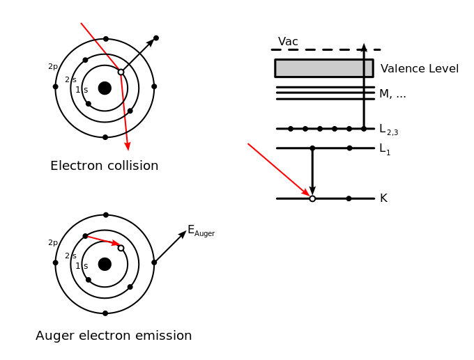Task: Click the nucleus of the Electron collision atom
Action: coord(105,88)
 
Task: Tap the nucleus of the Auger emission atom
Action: coord(105,265)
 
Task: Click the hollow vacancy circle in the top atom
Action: coord(121,72)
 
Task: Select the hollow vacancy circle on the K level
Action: coord(312,198)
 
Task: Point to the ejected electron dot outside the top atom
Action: coord(156,38)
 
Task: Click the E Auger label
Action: coord(201,230)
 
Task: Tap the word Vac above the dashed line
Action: coord(288,41)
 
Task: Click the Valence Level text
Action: coord(420,68)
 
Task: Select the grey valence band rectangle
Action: coord(324,68)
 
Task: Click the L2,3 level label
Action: coord(389,130)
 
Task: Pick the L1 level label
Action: coord(385,149)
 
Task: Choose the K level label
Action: coord(383,198)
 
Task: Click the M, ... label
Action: coord(392,94)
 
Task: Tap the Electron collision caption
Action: coord(105,166)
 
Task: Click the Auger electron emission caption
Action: coord(114,336)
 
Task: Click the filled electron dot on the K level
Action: coord(349,198)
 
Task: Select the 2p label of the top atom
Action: coord(53,67)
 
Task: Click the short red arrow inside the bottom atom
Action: coord(103,240)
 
